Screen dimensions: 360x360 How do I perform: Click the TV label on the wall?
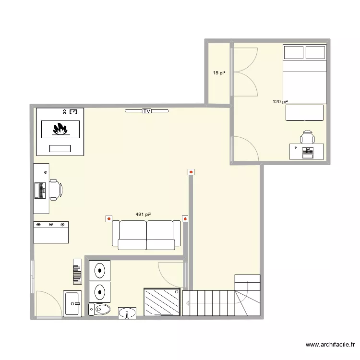(146, 111)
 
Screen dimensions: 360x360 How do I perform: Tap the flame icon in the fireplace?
(60, 129)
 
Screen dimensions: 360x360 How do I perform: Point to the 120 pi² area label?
(280, 101)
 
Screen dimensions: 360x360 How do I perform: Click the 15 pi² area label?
(219, 73)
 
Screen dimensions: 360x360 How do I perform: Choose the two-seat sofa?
(146, 235)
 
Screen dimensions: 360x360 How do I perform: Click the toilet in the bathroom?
(99, 310)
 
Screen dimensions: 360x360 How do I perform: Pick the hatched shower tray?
(162, 302)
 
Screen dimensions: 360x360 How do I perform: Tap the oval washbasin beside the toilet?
(127, 313)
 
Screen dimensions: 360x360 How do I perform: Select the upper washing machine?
(99, 271)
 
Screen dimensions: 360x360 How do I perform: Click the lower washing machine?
(99, 291)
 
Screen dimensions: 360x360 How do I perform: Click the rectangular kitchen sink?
(73, 303)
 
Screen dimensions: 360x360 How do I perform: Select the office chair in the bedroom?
(307, 138)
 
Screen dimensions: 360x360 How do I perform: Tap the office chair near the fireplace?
(54, 189)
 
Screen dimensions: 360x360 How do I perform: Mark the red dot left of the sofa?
(108, 219)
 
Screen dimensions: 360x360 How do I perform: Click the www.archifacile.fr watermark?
(331, 345)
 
